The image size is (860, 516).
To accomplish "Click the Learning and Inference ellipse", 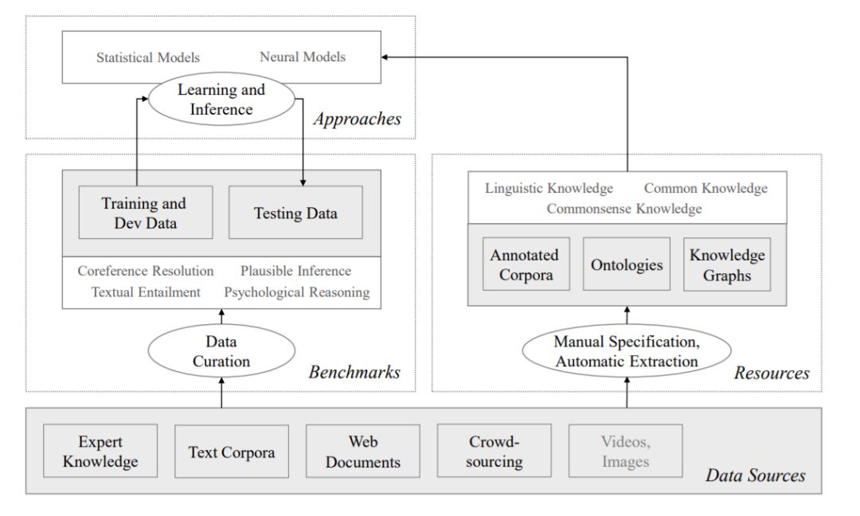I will [221, 99].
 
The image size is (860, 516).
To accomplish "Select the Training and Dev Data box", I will [134, 213].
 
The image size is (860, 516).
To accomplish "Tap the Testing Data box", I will [295, 213].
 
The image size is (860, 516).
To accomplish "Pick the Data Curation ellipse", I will [222, 352].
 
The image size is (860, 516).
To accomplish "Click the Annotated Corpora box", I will [524, 264].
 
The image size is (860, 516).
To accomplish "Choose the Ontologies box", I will [627, 264].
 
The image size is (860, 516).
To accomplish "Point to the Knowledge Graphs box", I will [727, 264].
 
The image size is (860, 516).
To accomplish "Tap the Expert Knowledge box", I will [100, 451].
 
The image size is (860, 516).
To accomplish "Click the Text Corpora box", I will [232, 451].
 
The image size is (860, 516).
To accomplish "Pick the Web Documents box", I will [363, 451].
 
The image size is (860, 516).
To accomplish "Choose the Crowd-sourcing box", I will [495, 451].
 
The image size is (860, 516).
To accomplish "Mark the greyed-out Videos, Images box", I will [626, 451].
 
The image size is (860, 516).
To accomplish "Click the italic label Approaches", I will [357, 120].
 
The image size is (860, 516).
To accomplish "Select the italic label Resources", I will [772, 372].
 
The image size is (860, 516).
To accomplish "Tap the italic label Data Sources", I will [756, 476].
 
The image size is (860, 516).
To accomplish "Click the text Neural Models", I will [303, 57].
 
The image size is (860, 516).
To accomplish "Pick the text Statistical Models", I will [148, 57].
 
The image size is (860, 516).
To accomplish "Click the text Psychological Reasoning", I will [296, 292].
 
